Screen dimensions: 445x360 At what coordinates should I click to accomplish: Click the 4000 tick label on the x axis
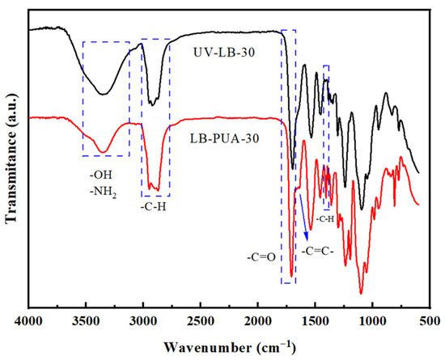[x=28, y=321]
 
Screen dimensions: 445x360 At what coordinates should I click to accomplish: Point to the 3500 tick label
[x=86, y=321]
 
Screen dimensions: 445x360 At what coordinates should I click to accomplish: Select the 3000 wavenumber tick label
[x=143, y=321]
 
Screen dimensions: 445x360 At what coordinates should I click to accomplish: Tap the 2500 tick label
[x=201, y=321]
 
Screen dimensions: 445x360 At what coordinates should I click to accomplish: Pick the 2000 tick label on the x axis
[x=258, y=321]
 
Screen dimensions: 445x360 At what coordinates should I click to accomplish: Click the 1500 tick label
[x=316, y=321]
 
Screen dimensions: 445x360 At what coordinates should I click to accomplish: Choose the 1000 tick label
[x=373, y=321]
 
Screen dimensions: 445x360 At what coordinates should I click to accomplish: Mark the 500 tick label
[x=430, y=321]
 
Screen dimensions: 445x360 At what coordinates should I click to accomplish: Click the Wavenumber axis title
[x=230, y=348]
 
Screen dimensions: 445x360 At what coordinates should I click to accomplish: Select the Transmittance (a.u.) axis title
[x=11, y=158]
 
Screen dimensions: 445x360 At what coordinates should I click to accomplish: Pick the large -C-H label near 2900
[x=154, y=207]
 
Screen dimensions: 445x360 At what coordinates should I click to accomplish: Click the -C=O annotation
[x=261, y=257]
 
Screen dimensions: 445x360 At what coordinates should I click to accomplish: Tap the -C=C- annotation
[x=318, y=252]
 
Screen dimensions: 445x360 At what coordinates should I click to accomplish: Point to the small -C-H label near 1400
[x=325, y=219]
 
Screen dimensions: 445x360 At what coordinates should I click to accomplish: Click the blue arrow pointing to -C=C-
[x=303, y=217]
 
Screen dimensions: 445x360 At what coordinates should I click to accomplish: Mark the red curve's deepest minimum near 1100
[x=361, y=294]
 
